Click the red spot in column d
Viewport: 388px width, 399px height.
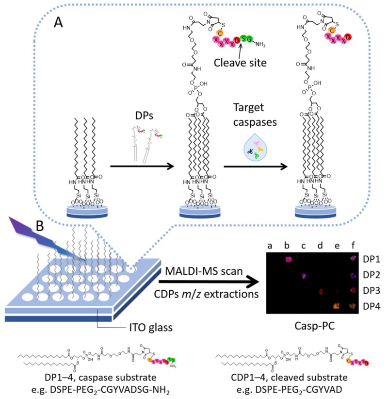[x=321, y=291]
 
